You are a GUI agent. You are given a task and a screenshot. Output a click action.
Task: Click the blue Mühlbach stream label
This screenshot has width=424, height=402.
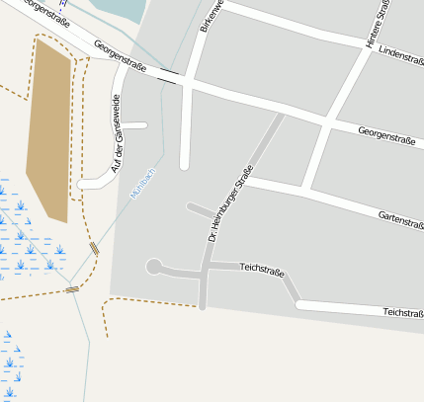click(143, 185)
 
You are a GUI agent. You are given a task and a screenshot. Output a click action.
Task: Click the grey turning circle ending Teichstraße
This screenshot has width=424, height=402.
click(153, 266)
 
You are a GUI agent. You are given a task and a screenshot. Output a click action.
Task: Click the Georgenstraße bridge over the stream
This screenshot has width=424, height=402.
click(169, 77)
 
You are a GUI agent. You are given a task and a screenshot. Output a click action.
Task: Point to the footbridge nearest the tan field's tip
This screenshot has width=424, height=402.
click(94, 249)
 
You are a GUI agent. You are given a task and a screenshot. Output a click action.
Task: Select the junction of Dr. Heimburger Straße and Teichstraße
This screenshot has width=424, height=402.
click(205, 270)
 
